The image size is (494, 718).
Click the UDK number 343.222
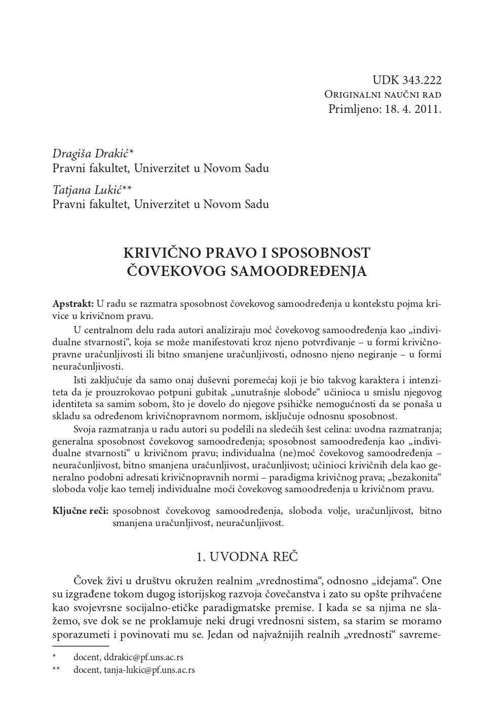click(422, 80)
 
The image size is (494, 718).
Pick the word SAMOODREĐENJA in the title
click(298, 271)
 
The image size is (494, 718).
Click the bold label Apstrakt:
click(73, 303)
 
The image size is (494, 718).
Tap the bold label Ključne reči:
click(80, 510)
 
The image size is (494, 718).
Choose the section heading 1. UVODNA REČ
click(247, 557)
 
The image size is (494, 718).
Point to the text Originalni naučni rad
click(383, 95)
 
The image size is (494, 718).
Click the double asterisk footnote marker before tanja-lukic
click(56, 670)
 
